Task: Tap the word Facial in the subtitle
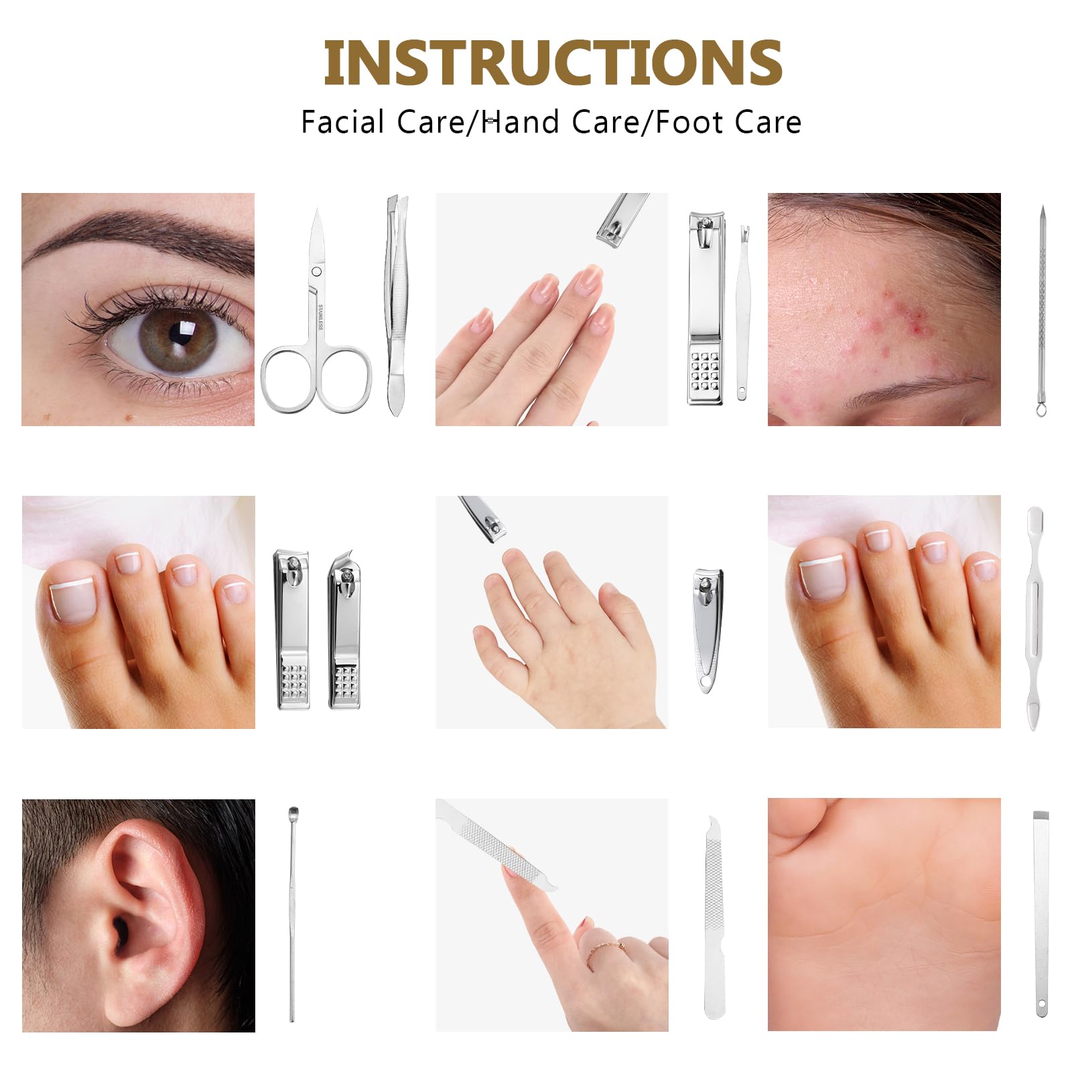(342, 122)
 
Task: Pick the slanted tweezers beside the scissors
(397, 305)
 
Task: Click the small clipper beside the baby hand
(708, 630)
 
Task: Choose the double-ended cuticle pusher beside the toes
(1034, 617)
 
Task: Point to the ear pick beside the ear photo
(292, 914)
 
